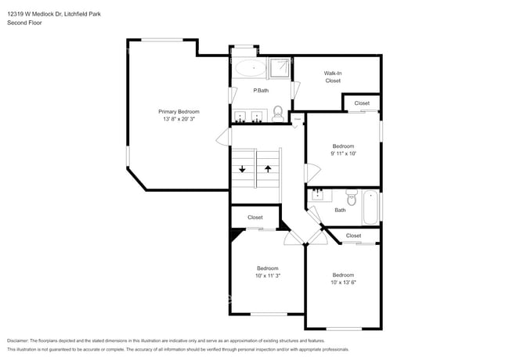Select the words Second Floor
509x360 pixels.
tap(24, 23)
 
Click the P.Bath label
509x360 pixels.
tap(261, 92)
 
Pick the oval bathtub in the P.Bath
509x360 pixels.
tap(251, 69)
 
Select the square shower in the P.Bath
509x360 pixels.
tap(280, 69)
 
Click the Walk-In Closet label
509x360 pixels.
tap(333, 77)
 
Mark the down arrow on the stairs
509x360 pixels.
tap(242, 168)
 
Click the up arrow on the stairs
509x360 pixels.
tap(268, 168)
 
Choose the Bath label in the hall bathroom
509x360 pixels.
tap(340, 210)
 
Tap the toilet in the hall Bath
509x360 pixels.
tap(351, 200)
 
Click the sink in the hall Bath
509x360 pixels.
tap(317, 194)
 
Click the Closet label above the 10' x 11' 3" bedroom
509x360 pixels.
tap(255, 218)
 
